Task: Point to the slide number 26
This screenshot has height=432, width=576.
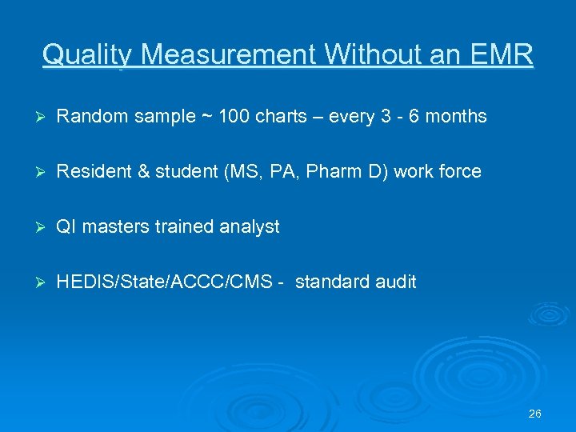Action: click(535, 414)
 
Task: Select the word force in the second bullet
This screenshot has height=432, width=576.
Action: click(462, 172)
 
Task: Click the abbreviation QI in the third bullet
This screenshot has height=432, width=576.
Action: click(65, 227)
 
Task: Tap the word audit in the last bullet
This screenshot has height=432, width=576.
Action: click(397, 282)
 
